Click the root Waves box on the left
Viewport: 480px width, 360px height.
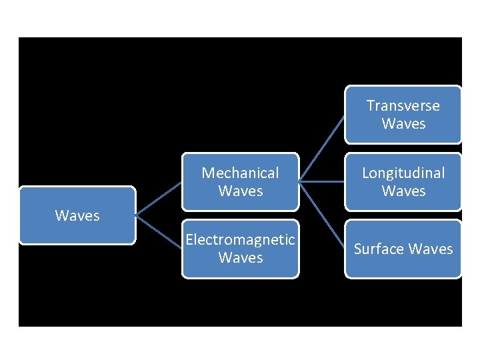point(77,215)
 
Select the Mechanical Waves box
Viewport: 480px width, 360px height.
point(240,181)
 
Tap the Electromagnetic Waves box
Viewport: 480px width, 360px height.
point(240,249)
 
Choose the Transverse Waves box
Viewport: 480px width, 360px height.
point(403,114)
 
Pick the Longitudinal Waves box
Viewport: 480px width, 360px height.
point(403,181)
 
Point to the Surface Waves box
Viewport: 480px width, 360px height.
point(403,249)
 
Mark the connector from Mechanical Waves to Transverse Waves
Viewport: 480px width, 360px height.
point(321,148)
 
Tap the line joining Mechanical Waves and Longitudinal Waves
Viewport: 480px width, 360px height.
point(321,181)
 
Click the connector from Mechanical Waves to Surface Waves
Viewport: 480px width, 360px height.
point(321,215)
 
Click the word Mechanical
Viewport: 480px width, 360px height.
point(240,173)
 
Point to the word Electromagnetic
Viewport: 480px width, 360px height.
point(240,239)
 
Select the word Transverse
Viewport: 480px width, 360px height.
point(403,105)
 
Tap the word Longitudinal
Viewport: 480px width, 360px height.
point(403,173)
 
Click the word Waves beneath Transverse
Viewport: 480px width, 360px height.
point(403,123)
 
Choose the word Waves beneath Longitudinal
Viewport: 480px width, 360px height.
point(403,191)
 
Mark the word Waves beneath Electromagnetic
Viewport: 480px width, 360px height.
point(240,257)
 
